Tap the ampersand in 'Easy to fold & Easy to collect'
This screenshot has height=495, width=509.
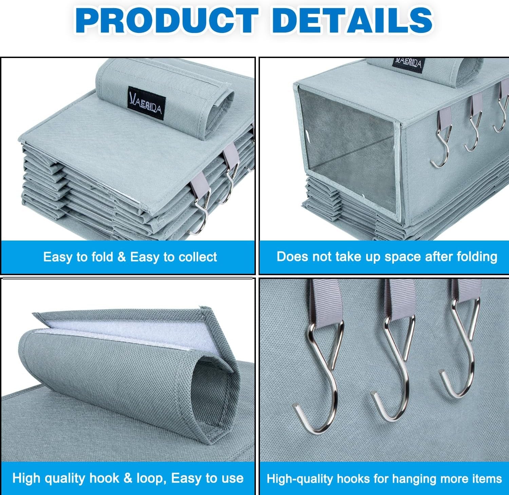(121, 257)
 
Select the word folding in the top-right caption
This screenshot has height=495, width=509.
(476, 256)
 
